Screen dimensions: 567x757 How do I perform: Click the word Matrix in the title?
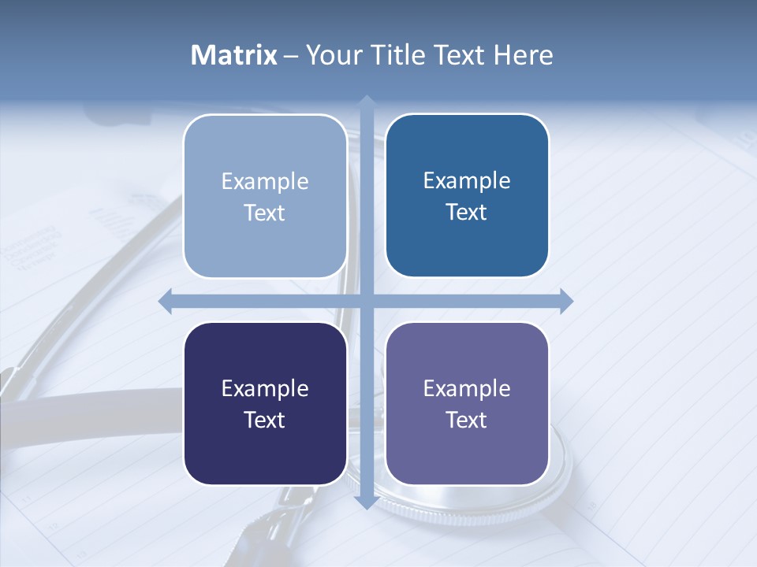pyautogui.click(x=234, y=55)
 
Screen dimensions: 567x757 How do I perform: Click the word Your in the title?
pyautogui.click(x=333, y=55)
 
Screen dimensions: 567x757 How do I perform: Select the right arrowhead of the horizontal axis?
pyautogui.click(x=565, y=301)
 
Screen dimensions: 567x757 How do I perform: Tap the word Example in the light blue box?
pyautogui.click(x=265, y=182)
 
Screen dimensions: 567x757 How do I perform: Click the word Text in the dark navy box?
pyautogui.click(x=265, y=420)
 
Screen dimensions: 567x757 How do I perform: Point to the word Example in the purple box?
pyautogui.click(x=467, y=388)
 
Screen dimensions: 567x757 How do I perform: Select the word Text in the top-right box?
pyautogui.click(x=467, y=213)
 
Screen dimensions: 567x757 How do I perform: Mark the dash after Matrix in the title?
pyautogui.click(x=291, y=56)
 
